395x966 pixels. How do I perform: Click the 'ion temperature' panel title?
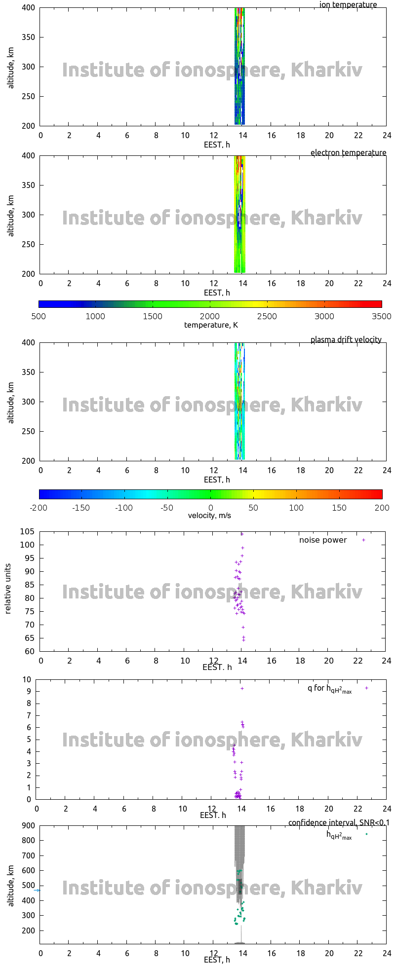point(348,5)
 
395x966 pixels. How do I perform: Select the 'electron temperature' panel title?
point(348,152)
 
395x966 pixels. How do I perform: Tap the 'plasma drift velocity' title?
point(346,339)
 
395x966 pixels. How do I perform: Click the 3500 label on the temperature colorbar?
point(381,316)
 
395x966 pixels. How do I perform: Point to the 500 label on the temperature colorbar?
point(39,316)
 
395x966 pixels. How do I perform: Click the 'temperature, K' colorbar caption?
point(211,325)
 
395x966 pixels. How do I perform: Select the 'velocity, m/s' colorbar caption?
point(209,516)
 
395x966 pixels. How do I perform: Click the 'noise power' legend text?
point(323,540)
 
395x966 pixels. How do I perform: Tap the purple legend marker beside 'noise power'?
point(364,540)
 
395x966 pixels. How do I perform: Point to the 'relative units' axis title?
point(8,592)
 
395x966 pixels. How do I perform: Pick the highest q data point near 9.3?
point(242,688)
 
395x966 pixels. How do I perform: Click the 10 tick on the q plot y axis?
point(27,679)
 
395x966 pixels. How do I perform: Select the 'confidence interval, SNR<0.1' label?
point(339,822)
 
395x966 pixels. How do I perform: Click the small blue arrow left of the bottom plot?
point(37,890)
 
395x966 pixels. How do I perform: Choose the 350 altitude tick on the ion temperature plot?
point(28,37)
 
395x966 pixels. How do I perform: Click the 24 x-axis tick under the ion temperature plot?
point(387,135)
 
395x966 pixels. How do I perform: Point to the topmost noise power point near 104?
point(242,534)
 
